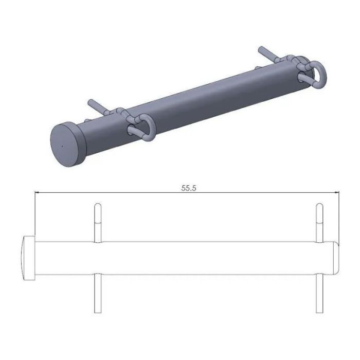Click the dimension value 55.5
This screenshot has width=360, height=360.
coord(189,188)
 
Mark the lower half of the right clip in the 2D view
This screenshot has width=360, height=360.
coord(319,293)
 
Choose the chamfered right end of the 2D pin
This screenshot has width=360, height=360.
coord(335,257)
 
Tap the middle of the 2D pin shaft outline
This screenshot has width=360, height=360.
coord(206,257)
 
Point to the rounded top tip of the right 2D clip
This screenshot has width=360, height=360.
coord(319,206)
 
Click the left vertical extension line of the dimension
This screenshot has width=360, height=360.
coord(34,216)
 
